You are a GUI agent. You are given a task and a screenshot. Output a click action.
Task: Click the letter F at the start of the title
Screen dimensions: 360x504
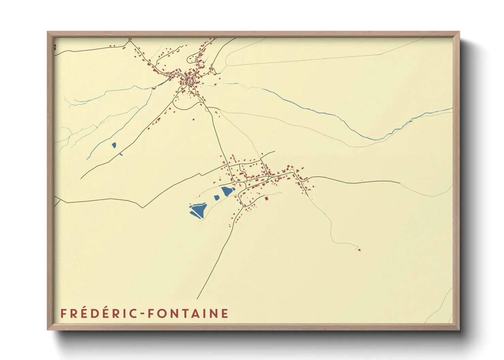point(63,313)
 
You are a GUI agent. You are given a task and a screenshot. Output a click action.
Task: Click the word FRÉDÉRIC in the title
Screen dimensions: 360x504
point(98,313)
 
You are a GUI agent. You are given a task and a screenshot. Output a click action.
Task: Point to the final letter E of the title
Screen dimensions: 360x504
point(225,313)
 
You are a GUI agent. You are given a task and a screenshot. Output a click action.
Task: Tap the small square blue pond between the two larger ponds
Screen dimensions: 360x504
point(216,197)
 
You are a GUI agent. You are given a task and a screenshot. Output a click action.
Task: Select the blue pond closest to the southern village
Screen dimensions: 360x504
point(226,191)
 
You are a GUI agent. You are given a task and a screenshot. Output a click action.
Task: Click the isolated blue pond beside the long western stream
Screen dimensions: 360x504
point(114,145)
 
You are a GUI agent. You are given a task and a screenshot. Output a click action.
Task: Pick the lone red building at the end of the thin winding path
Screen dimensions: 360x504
point(359,250)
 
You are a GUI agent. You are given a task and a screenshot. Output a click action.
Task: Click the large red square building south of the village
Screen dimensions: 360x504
point(267,198)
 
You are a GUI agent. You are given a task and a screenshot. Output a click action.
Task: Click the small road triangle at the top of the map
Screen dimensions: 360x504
point(130,40)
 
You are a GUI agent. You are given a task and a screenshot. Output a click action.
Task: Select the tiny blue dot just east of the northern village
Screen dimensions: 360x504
point(203,83)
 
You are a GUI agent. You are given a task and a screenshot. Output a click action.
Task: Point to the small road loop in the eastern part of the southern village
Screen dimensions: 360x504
point(292,170)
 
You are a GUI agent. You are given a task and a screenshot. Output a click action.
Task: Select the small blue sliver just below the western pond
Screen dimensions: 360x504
point(121,154)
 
